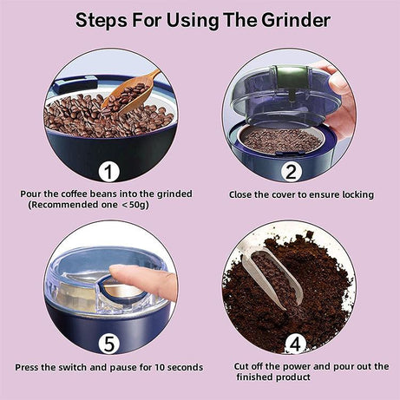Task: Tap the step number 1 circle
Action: tap(108, 170)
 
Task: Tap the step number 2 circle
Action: tap(292, 170)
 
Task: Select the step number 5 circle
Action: tap(108, 344)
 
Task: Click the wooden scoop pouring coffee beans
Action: tap(130, 91)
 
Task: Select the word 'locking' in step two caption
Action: tap(355, 194)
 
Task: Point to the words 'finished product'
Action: tap(274, 378)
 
